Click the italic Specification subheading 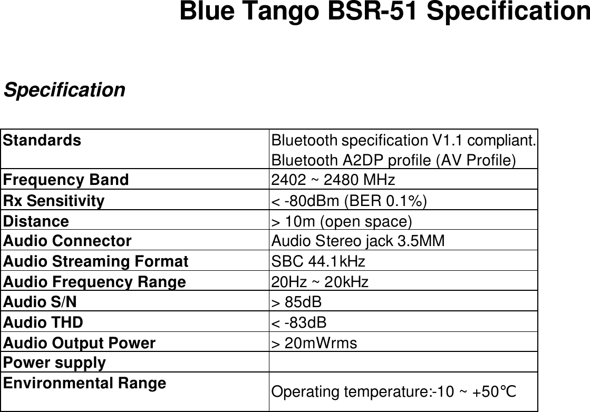64,90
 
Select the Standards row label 42,141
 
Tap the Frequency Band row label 65,180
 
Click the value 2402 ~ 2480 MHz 332,180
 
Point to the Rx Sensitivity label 54,201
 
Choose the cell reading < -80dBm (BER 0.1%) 349,201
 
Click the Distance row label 36,221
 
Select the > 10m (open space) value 341,221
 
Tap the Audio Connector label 67,241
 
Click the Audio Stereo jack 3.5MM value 357,241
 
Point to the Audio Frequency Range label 94,282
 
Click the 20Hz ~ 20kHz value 320,282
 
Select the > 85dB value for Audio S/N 296,302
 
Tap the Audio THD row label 43,322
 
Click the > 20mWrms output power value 314,343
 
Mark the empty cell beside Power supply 403,363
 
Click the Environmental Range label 84,384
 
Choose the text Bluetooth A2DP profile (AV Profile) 393,160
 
